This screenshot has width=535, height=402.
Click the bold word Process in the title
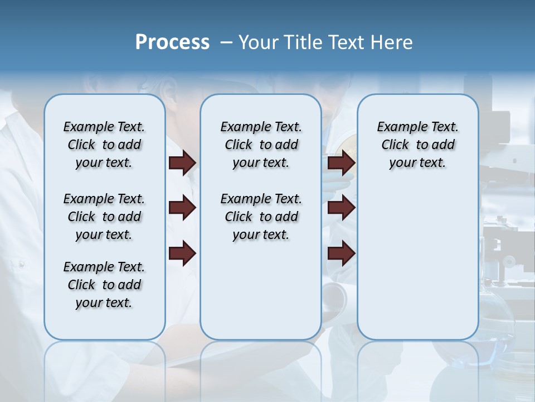(x=172, y=42)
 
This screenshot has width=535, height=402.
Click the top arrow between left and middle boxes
(x=182, y=162)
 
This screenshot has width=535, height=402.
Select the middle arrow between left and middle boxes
(x=182, y=208)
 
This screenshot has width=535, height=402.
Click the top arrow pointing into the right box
(x=341, y=162)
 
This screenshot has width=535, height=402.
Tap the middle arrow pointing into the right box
(x=341, y=208)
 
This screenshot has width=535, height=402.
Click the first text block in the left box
(x=104, y=145)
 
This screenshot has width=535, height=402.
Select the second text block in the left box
(x=104, y=217)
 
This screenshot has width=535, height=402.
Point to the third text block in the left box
(x=104, y=285)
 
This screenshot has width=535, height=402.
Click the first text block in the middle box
(x=261, y=145)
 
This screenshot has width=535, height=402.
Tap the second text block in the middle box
(x=261, y=217)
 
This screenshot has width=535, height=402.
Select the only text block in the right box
(x=417, y=145)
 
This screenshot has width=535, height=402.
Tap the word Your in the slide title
(x=257, y=42)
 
